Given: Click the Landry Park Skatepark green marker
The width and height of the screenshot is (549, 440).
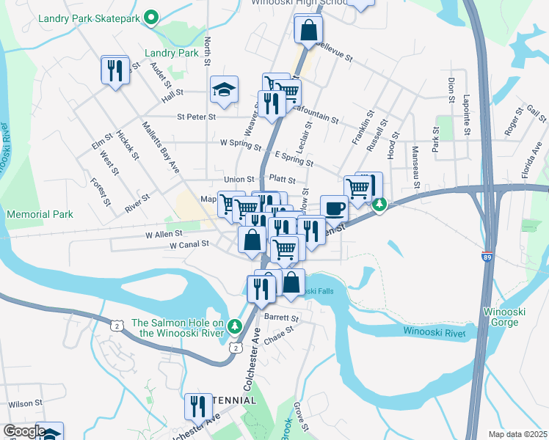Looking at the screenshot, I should click(x=152, y=17).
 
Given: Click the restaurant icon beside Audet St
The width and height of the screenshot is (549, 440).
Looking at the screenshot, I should click(x=114, y=70).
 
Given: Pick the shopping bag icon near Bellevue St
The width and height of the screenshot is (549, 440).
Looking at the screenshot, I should click(x=308, y=30).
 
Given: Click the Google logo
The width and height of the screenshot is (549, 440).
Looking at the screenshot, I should click(x=23, y=431).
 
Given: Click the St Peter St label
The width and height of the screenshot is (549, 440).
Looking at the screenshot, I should click(x=196, y=117).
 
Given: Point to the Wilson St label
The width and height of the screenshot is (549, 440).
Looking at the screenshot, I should click(x=21, y=404).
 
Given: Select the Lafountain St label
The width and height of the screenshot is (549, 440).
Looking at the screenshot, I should click(x=315, y=114).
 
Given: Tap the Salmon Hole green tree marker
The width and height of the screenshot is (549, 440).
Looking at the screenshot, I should click(x=234, y=325).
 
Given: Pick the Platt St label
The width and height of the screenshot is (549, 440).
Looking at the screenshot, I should click(x=282, y=179).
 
